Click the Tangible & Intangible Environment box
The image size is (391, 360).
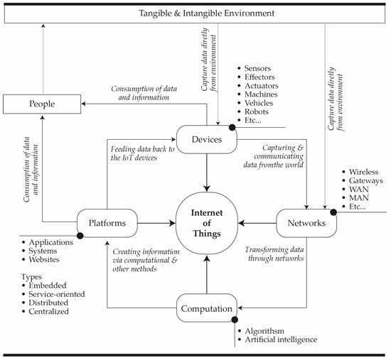195,13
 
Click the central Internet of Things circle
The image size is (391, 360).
208,223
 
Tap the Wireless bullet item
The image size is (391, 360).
363,173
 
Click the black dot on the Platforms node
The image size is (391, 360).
80,236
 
